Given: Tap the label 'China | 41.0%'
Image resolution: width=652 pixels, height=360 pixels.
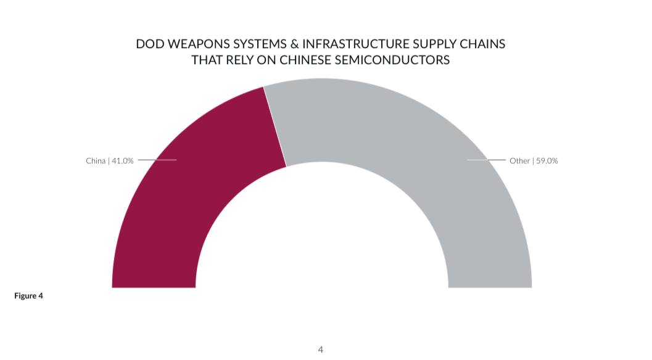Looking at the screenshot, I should (109, 161).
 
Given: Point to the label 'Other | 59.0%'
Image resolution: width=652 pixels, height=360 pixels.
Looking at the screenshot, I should (534, 161).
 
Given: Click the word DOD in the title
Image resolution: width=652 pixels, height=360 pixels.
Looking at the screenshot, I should (149, 45).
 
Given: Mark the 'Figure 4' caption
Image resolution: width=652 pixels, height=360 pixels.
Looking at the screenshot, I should (28, 296).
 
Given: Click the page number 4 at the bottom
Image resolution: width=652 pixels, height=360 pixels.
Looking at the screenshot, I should (320, 350).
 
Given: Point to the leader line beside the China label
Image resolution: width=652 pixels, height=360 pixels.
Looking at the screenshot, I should (157, 160).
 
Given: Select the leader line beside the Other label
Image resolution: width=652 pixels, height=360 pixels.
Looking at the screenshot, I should (487, 160).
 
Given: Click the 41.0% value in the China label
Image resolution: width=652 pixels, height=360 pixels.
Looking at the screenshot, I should (122, 161).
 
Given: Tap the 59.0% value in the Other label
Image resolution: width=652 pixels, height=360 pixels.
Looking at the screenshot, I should (547, 161).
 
